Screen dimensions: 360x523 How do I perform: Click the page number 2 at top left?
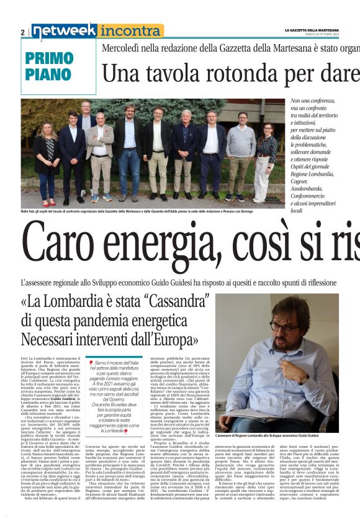pos(23,32)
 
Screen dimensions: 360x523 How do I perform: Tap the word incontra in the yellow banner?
pos(130,31)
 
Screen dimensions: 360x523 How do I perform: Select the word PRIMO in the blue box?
pos(50,58)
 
